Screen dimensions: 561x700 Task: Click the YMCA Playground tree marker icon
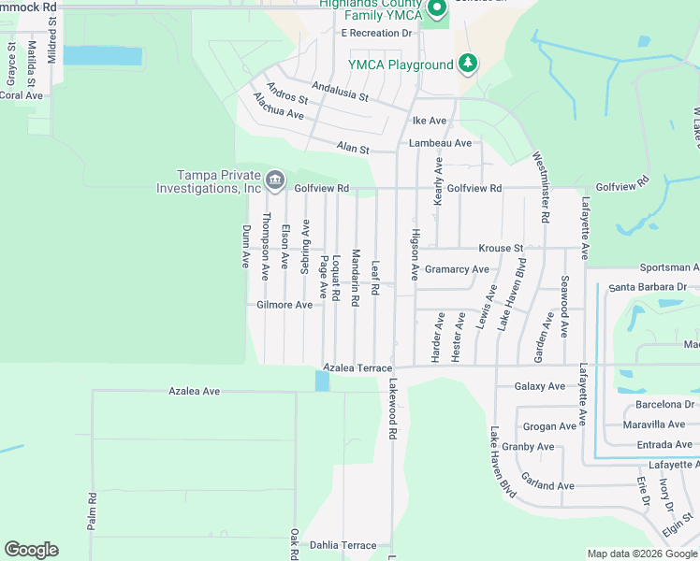(468, 65)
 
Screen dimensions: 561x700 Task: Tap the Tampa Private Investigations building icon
(274, 180)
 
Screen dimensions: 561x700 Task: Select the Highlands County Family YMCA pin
(435, 10)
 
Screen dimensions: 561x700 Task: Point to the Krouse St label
(500, 249)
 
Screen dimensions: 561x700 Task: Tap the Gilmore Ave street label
(284, 305)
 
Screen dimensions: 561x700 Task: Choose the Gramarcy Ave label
(457, 269)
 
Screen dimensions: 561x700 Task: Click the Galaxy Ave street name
(540, 386)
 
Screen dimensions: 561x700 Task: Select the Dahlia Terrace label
(344, 545)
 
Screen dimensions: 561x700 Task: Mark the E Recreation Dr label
(376, 33)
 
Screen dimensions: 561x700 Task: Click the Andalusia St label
(340, 91)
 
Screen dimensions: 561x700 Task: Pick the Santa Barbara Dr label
(653, 287)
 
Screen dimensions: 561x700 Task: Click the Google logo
(31, 550)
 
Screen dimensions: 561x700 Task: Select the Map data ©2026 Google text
(641, 554)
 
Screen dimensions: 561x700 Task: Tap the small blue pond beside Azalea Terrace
(322, 381)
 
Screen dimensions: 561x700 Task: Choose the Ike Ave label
(430, 121)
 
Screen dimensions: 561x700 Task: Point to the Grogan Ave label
(549, 426)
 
